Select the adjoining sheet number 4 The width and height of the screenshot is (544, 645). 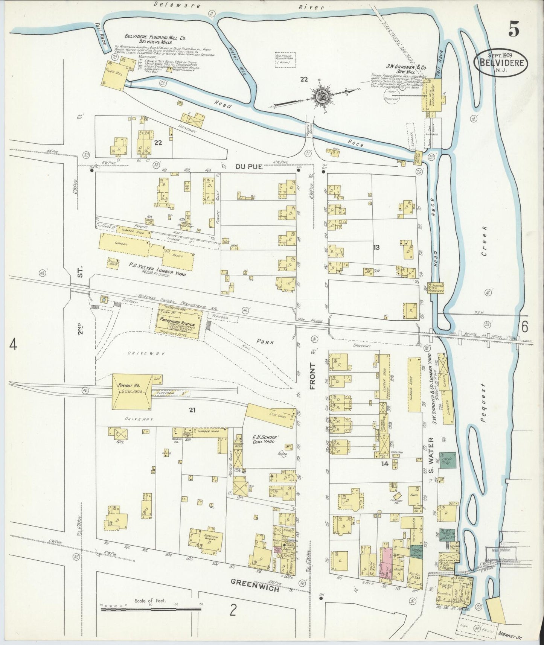13,344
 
